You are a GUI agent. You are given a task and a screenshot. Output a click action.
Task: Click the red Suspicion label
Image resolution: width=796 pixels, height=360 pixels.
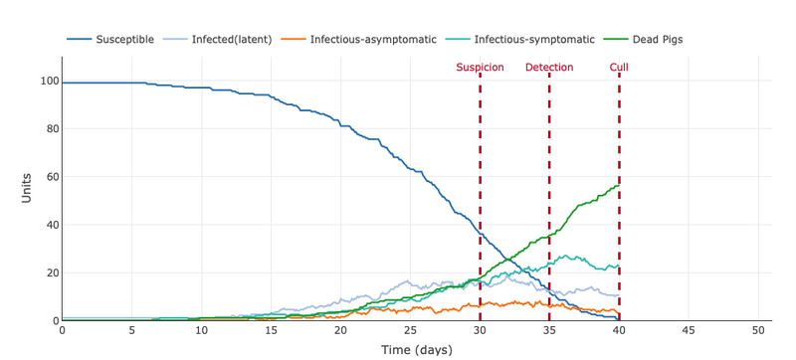pos(480,68)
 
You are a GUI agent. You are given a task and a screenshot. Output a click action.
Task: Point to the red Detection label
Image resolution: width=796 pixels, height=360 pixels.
pos(549,68)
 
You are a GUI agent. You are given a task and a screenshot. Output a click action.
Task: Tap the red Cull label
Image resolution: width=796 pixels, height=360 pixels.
pos(619,68)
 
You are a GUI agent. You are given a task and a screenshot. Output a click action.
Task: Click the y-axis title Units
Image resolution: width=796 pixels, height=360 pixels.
pos(27,189)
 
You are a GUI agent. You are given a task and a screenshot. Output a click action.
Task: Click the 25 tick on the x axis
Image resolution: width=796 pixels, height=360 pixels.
pos(410,330)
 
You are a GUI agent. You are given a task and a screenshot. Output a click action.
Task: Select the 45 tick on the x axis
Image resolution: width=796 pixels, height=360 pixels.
pos(689,330)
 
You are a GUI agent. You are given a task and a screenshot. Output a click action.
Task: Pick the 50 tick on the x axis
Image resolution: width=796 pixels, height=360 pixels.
pos(758,330)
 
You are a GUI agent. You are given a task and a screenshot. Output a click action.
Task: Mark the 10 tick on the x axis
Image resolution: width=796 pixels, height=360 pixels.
pos(201,330)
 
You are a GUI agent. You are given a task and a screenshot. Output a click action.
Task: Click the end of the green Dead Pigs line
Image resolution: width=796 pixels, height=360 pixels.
pos(619,185)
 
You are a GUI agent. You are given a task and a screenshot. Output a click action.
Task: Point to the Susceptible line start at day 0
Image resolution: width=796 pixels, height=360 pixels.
pos(63,84)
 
